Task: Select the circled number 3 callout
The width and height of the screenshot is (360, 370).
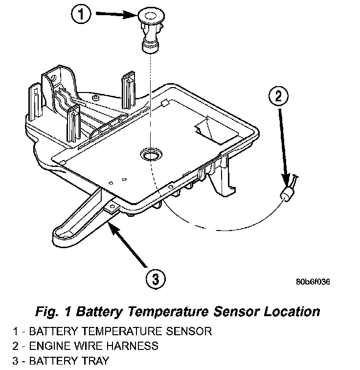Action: (x=155, y=280)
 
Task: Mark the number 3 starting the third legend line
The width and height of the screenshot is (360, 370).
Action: (x=16, y=362)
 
